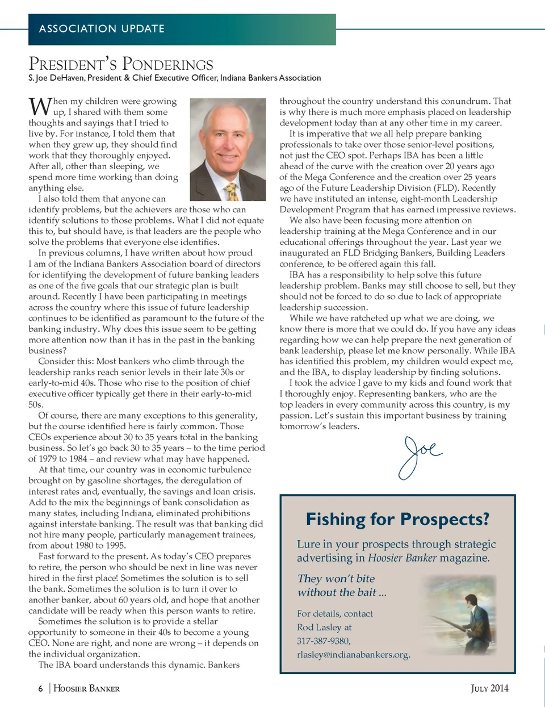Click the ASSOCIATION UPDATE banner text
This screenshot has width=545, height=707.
pos(102,28)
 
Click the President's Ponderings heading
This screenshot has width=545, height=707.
pos(121,64)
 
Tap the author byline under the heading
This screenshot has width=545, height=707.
pos(175,78)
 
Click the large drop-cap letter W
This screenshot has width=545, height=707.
pos(40,107)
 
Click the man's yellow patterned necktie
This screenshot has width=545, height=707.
pos(232,191)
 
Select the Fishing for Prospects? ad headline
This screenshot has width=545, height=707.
pos(397,519)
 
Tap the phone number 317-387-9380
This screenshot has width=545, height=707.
pos(323,641)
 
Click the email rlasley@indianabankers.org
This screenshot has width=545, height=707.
pos(353,654)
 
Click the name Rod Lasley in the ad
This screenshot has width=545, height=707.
pos(320,627)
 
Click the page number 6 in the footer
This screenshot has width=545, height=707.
pos(40,689)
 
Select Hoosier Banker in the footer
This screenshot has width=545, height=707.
pos(86,689)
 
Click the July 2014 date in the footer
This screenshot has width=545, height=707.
pos(489,688)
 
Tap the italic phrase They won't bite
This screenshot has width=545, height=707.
pos(336,578)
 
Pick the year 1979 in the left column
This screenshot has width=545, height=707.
pos(49,459)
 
